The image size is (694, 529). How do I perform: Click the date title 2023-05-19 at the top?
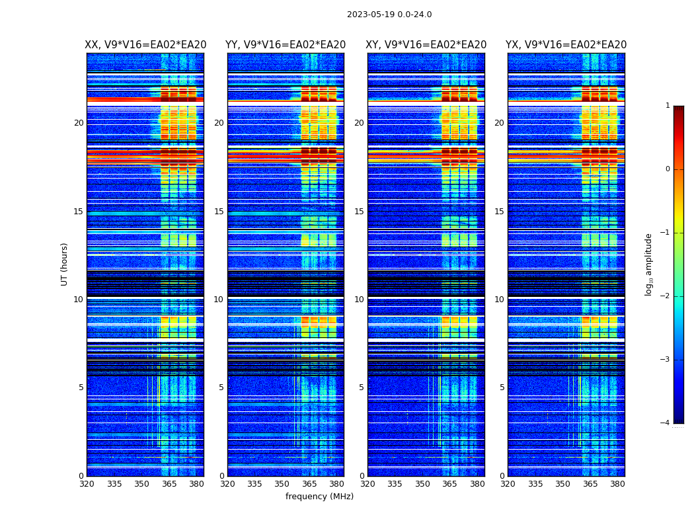click(389, 15)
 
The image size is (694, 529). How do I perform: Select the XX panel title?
click(145, 45)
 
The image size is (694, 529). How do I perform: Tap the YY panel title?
click(286, 45)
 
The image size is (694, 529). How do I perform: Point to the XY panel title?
click(426, 45)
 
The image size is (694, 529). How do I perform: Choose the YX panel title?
click(566, 45)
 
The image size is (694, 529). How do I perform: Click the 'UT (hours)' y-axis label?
click(65, 264)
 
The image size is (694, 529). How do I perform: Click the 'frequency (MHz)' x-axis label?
click(319, 497)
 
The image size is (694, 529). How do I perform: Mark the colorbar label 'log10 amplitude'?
click(649, 264)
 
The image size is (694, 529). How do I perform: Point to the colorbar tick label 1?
click(668, 106)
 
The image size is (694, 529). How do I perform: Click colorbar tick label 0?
click(668, 169)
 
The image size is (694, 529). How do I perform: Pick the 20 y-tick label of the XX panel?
click(79, 123)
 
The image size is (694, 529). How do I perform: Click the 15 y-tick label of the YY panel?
click(219, 212)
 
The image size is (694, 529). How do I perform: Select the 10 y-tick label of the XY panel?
click(359, 300)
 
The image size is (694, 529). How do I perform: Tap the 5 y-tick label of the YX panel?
click(502, 387)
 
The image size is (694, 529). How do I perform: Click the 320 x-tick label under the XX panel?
click(87, 485)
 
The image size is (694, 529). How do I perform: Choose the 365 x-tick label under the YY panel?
click(309, 485)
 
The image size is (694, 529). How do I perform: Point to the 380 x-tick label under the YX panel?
click(617, 485)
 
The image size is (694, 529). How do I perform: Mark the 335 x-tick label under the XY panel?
click(395, 485)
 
